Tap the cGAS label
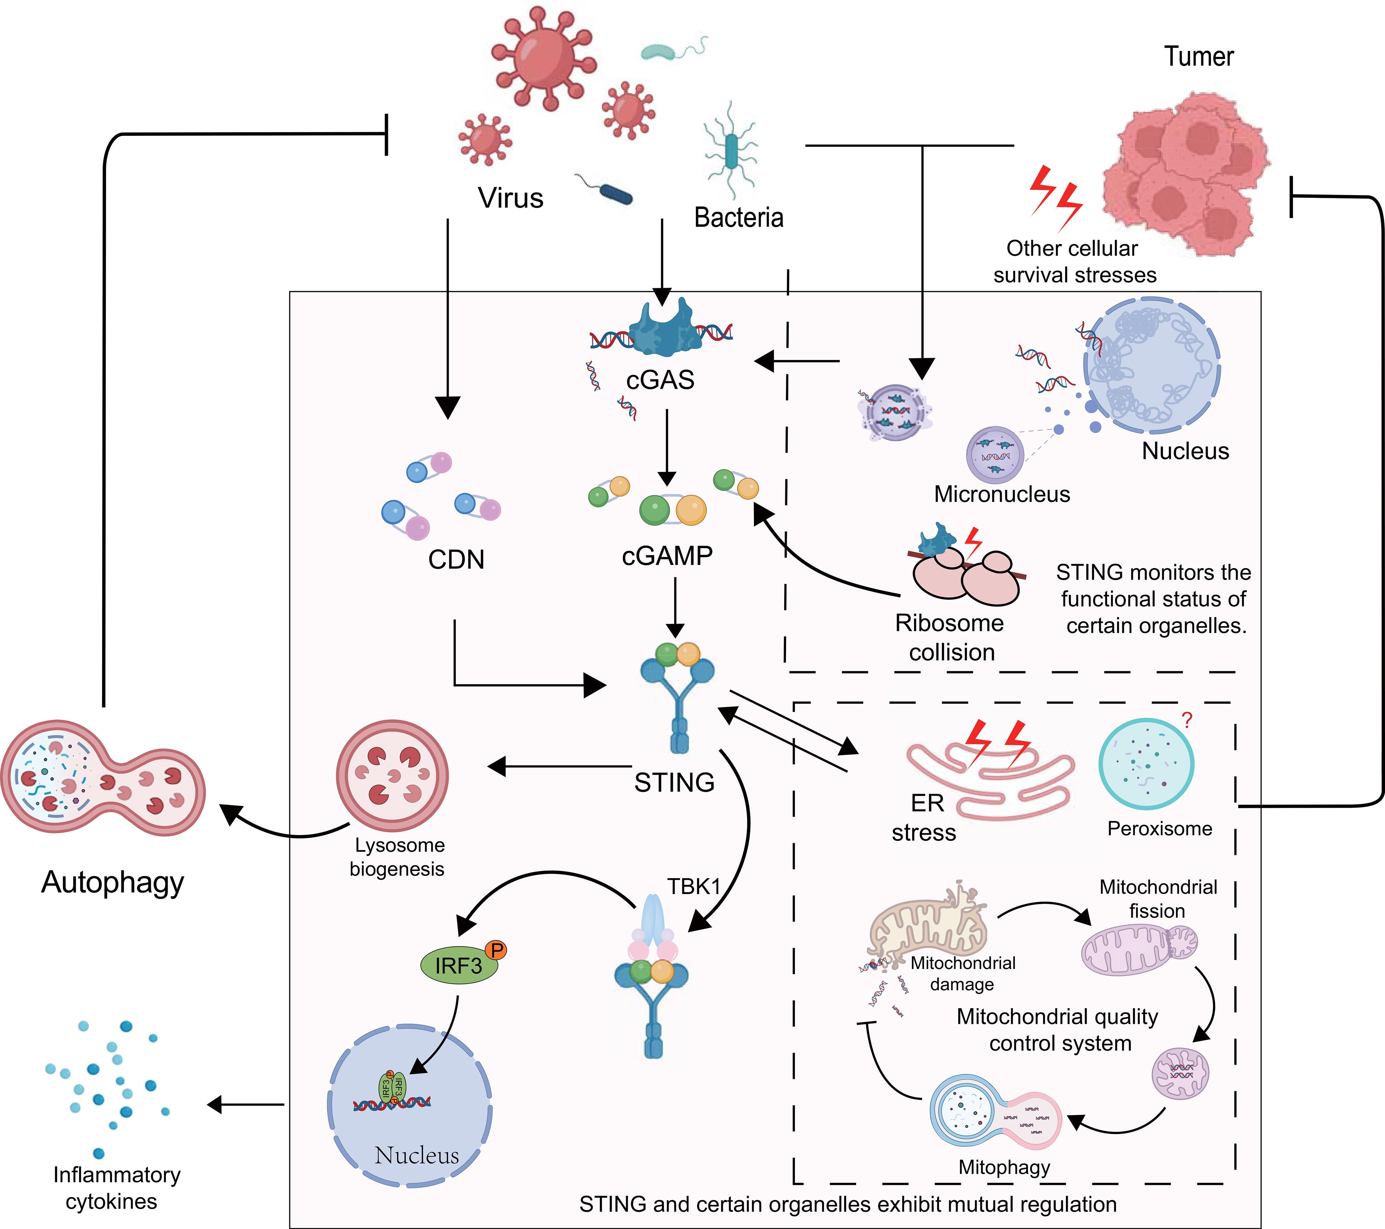660,380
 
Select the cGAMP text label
667,556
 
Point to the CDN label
456,560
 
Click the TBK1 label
694,886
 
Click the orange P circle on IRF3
496,950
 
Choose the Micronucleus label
1002,494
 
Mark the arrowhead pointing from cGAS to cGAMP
667,478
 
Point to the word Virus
510,198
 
